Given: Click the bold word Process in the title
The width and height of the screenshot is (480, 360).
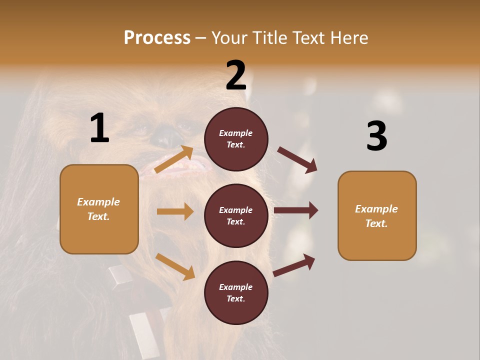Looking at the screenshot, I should (x=157, y=37).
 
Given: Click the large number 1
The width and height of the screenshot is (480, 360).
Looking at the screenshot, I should (x=99, y=128).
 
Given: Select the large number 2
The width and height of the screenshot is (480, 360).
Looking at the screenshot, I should (x=236, y=75).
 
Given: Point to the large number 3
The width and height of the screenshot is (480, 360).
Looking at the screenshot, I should (x=376, y=136).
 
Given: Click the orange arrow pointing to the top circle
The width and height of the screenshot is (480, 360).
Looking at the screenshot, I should (x=174, y=159).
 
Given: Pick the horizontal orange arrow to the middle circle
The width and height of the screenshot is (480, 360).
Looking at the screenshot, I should (x=175, y=211).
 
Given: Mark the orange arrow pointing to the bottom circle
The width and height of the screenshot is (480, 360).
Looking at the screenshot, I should (x=175, y=266).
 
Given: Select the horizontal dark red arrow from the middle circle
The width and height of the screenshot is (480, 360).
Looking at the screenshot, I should (x=296, y=210).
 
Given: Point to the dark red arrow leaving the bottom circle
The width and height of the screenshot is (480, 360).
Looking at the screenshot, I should (x=294, y=265).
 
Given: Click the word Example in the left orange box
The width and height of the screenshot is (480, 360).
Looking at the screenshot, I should (x=98, y=202).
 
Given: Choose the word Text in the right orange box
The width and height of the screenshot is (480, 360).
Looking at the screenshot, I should (x=376, y=223).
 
